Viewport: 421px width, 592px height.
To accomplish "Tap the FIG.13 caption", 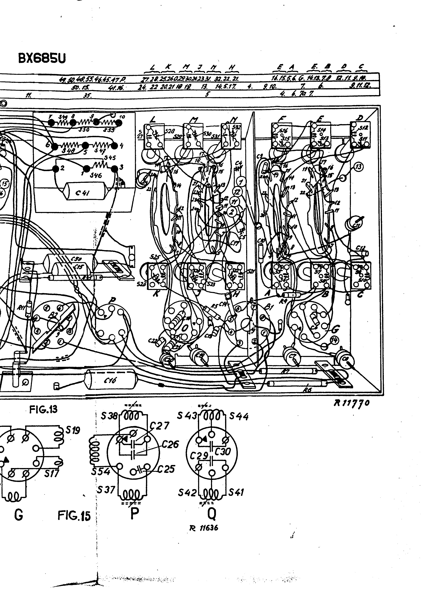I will [43, 409].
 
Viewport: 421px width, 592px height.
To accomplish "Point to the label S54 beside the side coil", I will [101, 471].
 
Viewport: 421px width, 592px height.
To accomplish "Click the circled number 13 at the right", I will [359, 167].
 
